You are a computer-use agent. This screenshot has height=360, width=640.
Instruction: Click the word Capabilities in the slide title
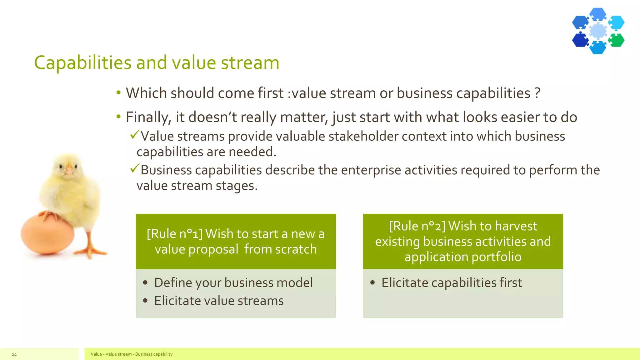[82, 63]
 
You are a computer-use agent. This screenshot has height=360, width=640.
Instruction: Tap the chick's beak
[69, 171]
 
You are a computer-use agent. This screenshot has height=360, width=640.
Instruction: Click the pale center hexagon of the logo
[598, 31]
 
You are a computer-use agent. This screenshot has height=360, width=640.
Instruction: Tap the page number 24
[14, 354]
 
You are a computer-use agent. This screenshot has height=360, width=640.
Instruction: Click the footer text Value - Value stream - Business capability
[132, 354]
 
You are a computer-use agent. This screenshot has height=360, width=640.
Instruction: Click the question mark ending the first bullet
[537, 93]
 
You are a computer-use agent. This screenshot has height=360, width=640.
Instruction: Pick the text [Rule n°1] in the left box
[174, 234]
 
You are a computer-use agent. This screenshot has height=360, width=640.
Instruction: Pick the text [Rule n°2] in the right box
[417, 226]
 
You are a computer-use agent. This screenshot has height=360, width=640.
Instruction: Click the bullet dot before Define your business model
[145, 283]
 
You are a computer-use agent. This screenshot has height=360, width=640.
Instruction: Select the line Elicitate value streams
[219, 301]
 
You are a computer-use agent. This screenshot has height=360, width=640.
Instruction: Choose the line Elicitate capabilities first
[452, 282]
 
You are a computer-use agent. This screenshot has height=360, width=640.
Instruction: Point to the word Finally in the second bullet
[148, 117]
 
